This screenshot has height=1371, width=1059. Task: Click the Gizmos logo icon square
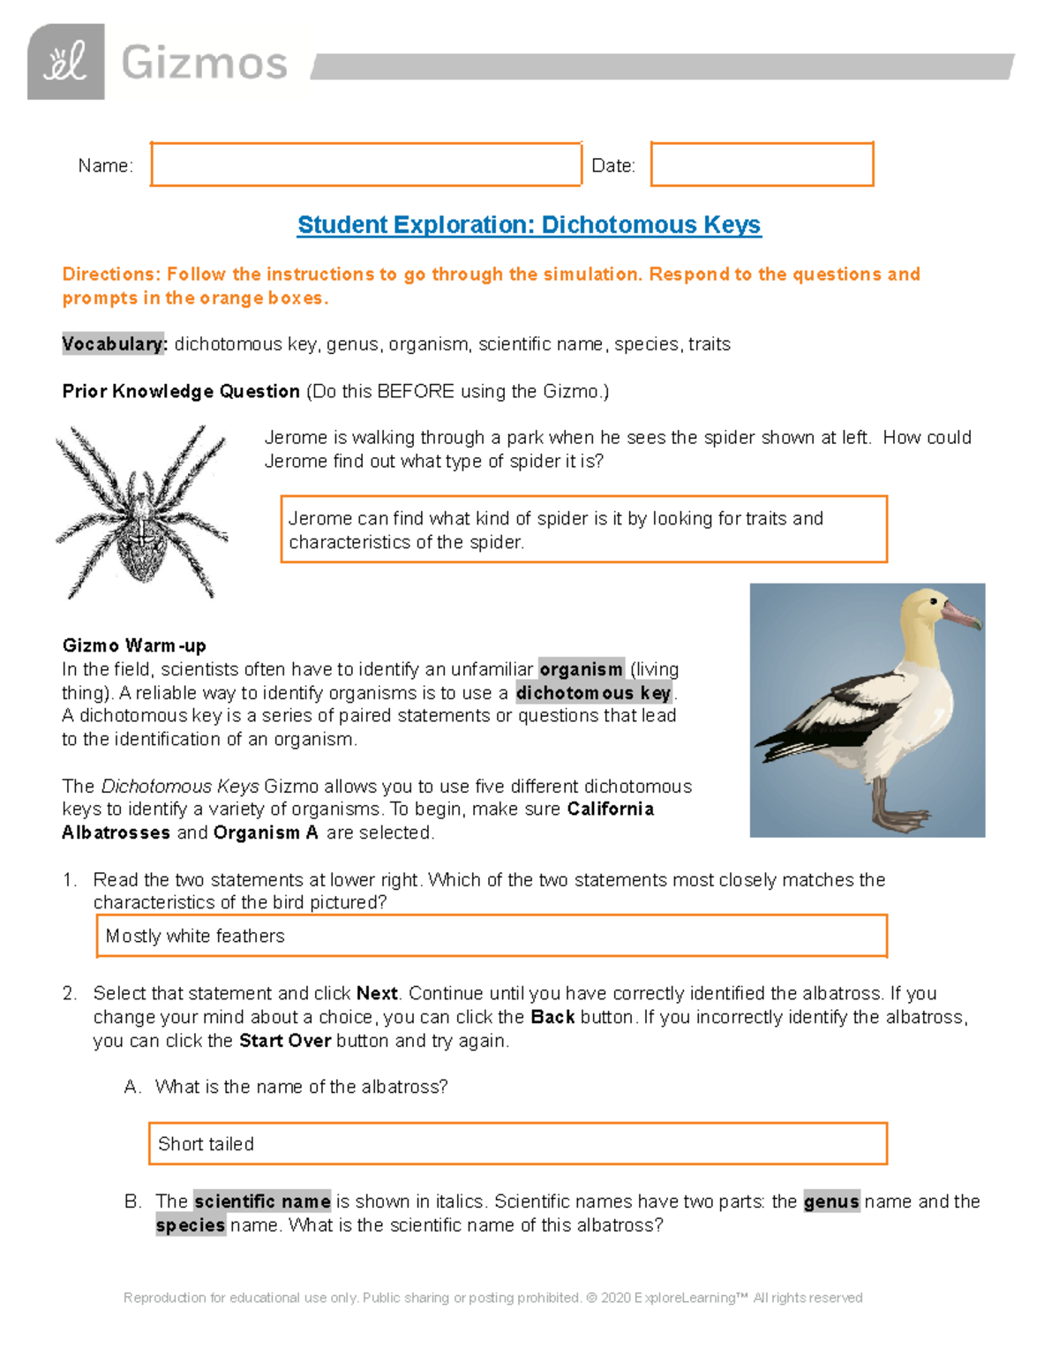coord(66,62)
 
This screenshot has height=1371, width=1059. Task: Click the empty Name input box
coord(365,164)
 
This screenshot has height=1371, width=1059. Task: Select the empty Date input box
coord(762,164)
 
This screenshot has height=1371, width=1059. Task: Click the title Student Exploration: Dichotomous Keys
coord(529,225)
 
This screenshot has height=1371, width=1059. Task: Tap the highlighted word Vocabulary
coord(114,344)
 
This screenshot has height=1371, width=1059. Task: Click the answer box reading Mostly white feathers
coord(492,936)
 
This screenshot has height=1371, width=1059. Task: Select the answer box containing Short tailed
coord(517,1144)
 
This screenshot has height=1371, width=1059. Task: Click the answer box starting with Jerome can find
coord(583,530)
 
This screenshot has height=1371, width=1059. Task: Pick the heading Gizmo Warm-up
coord(134,645)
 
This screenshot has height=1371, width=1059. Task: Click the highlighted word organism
coord(582,669)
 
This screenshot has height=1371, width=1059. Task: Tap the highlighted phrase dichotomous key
coord(594,693)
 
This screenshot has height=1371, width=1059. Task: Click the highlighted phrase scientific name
coord(262,1202)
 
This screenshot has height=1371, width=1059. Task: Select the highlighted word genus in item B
coord(831,1202)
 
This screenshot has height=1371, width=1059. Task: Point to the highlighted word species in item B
coord(191,1225)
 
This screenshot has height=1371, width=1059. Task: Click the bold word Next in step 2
coord(377,993)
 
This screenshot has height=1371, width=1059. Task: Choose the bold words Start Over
coord(285,1041)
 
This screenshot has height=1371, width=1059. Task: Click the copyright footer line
coord(492,1298)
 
